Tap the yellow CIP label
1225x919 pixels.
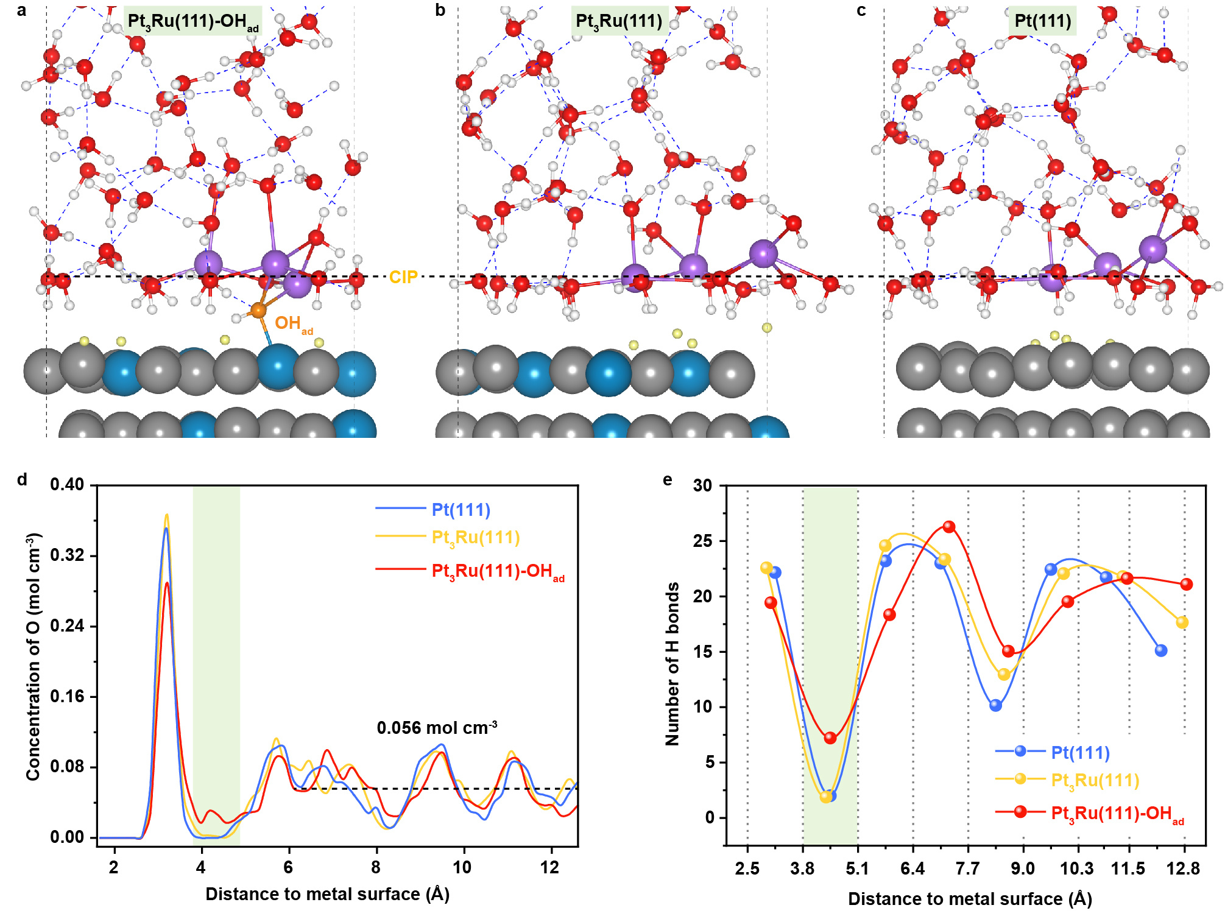(403, 277)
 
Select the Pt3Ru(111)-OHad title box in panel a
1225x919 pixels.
(192, 21)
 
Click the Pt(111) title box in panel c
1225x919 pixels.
(1042, 21)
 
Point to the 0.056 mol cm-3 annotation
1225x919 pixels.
(437, 728)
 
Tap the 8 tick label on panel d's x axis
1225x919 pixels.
(376, 867)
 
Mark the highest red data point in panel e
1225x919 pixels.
(949, 527)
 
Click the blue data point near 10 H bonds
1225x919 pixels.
(996, 705)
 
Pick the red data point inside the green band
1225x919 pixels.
(830, 738)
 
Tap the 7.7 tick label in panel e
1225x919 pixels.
(968, 868)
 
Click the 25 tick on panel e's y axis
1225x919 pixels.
(703, 541)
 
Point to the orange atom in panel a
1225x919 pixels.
(258, 311)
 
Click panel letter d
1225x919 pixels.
(23, 480)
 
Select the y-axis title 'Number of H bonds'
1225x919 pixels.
(672, 664)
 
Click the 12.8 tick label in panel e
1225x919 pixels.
(1184, 868)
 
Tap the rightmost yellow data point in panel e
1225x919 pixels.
(1182, 622)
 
